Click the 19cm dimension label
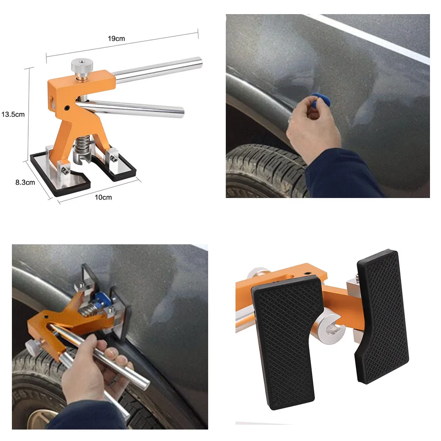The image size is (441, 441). (x=116, y=38)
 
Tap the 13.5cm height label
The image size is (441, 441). (x=13, y=114)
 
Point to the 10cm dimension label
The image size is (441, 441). (x=104, y=197)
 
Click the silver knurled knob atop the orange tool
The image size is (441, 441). (x=81, y=67)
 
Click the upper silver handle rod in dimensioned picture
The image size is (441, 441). (x=159, y=71)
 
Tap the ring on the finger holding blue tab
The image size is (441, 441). (x=290, y=119)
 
